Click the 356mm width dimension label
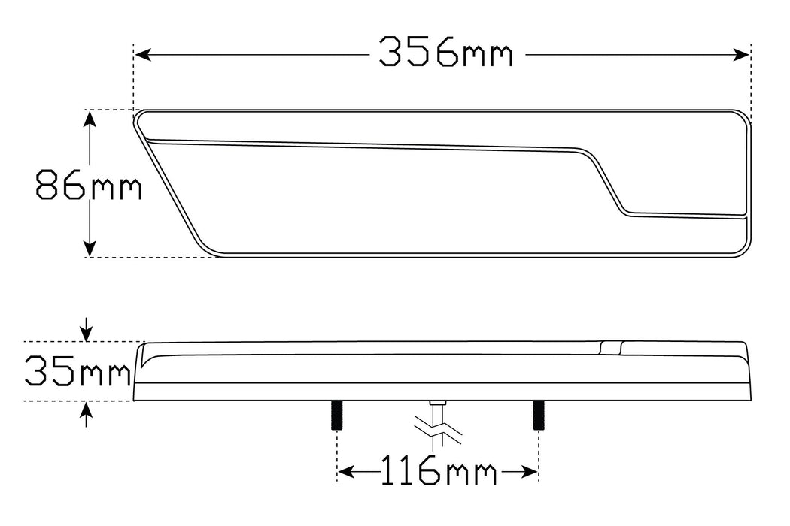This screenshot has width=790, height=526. (445, 53)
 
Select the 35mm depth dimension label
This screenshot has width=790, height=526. (77, 371)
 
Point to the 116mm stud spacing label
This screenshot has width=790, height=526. (437, 472)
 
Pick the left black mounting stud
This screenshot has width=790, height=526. (336, 415)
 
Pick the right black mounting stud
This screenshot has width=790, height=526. (538, 415)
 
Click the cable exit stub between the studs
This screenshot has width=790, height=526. (437, 406)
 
